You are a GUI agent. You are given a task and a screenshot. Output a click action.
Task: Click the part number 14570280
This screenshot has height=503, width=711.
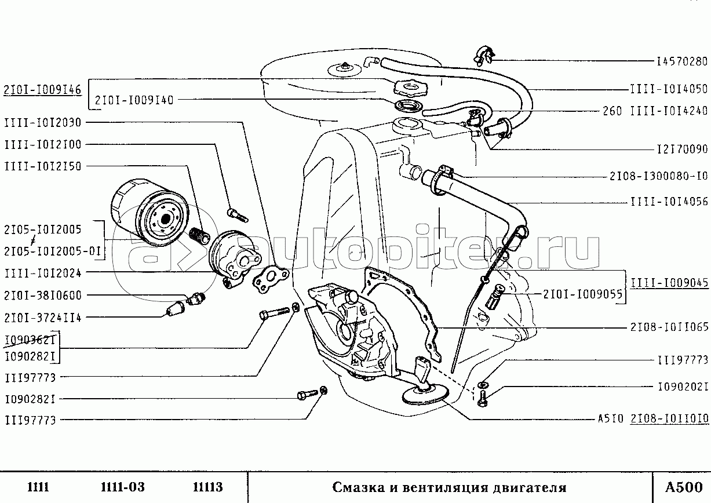(682, 61)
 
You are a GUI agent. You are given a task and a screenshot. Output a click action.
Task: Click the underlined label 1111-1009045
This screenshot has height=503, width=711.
(669, 283)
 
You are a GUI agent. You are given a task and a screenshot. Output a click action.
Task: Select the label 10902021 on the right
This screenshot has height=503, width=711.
(682, 387)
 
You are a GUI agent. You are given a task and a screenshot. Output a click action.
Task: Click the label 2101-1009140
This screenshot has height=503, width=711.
(134, 100)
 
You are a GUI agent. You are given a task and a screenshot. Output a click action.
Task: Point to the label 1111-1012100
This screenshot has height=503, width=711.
(43, 144)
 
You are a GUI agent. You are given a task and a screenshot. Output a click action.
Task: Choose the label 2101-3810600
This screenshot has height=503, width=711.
(43, 296)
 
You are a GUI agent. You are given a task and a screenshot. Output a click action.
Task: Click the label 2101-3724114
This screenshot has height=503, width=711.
(43, 318)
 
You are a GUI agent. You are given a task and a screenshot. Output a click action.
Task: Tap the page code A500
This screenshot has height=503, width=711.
(681, 487)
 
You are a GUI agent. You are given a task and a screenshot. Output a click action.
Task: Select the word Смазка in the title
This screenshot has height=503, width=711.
(358, 487)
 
